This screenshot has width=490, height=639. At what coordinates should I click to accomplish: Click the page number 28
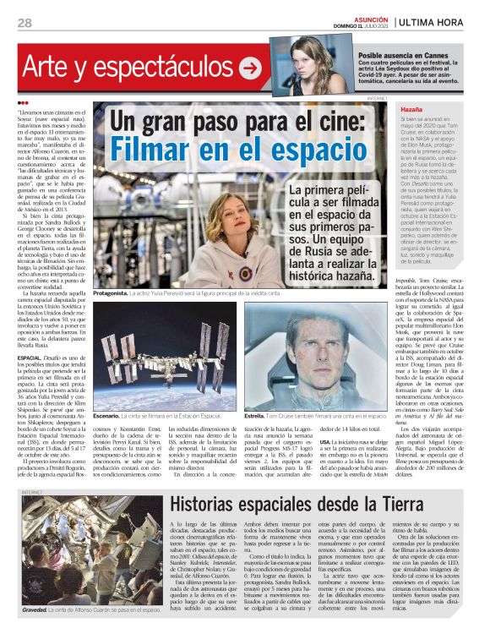click(x=24, y=22)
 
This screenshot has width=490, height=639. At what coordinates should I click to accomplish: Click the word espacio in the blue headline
click(x=302, y=154)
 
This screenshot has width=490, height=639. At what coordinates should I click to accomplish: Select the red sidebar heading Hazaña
click(x=412, y=110)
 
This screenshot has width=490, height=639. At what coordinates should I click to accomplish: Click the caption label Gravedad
click(x=35, y=609)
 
